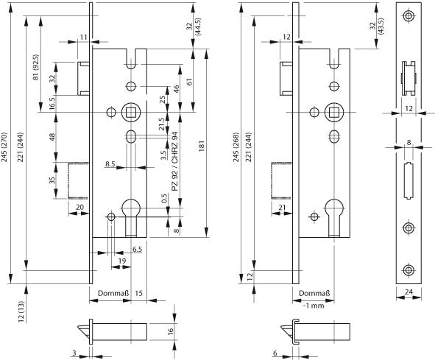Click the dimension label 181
tap(202, 146)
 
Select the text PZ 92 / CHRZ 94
tap(174, 161)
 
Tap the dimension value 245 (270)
tap(4, 147)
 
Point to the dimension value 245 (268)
tap(236, 147)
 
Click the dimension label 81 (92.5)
tap(36, 68)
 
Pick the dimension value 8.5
tap(110, 163)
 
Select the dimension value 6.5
tap(137, 250)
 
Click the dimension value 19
tap(122, 261)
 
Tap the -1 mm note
tap(314, 306)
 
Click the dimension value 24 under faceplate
tap(409, 292)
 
